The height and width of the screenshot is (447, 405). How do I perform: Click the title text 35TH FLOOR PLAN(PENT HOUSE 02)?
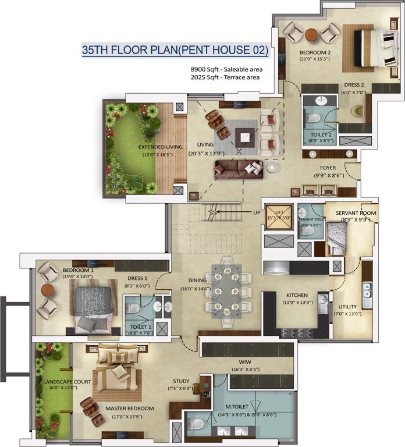175,51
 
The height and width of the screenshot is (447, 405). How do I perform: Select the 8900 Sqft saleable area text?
225,69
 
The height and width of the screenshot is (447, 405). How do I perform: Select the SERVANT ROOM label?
356,213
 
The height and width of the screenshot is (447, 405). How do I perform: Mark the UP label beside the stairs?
256,212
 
